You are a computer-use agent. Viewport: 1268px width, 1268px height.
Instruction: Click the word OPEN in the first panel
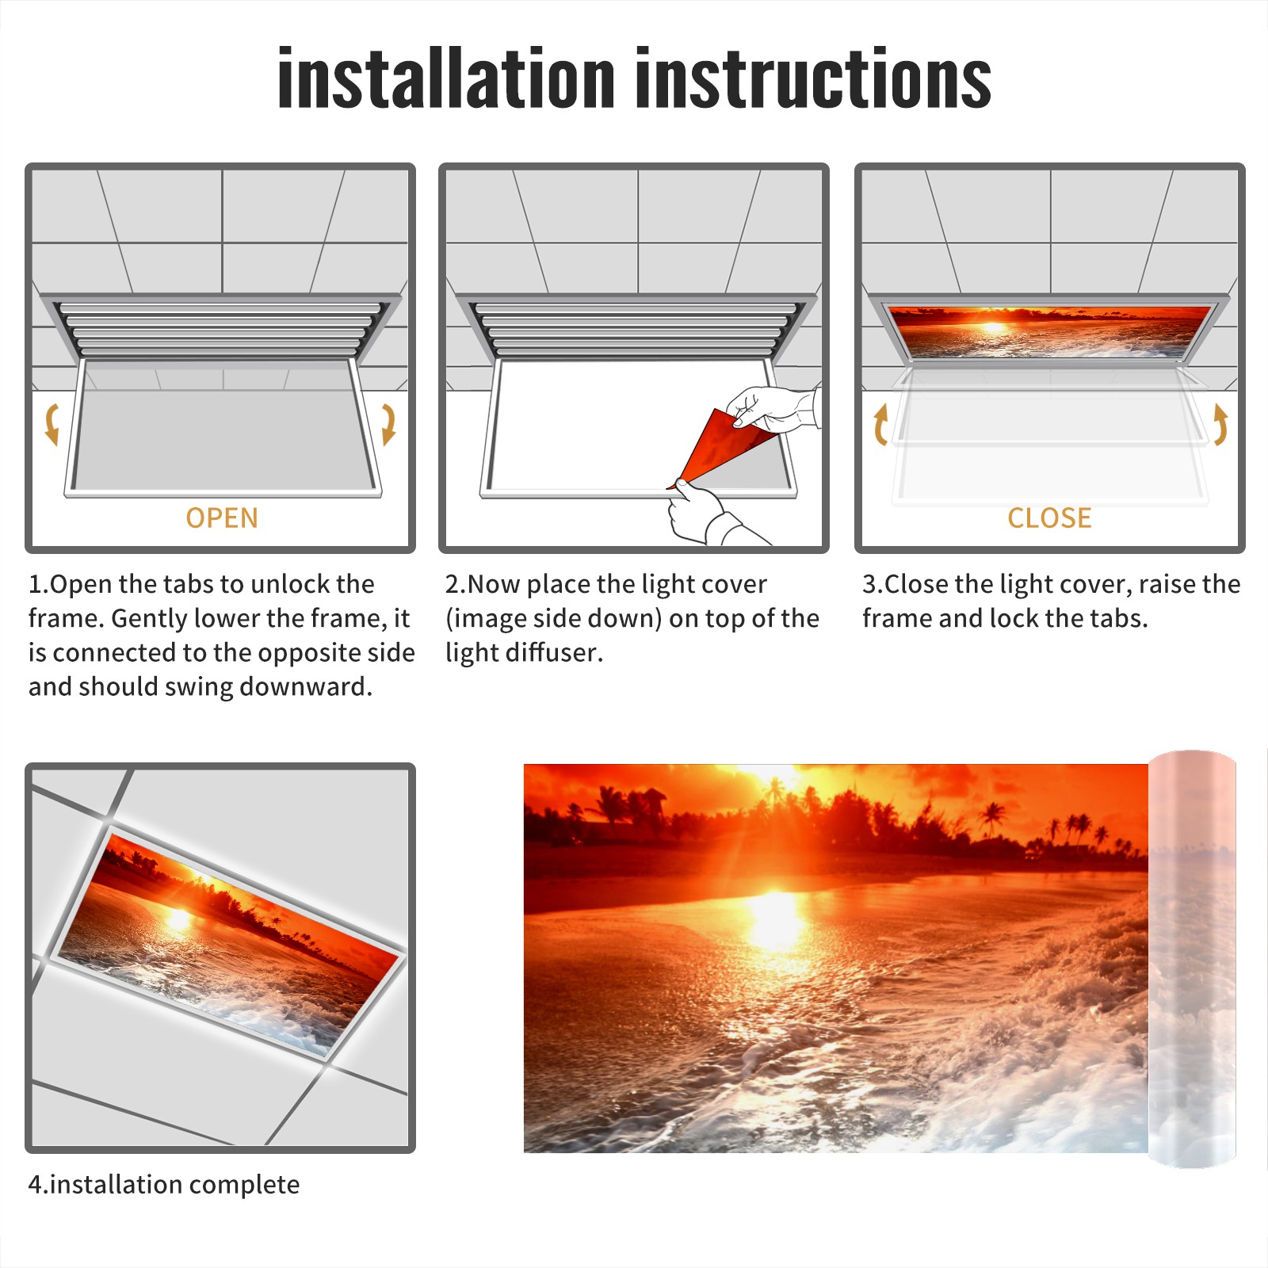222,518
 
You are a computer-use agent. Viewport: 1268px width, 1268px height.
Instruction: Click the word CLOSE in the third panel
1049,518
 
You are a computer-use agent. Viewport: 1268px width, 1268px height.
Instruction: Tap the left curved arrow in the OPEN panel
52,424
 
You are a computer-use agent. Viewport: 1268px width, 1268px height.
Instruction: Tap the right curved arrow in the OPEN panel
388,424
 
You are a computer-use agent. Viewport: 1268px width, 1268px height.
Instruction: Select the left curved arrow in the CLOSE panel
880,424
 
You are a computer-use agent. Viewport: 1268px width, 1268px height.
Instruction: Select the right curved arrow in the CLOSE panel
1221,424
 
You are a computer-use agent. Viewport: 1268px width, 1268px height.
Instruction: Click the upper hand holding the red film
773,409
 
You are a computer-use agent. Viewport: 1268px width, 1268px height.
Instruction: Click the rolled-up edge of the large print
1192,959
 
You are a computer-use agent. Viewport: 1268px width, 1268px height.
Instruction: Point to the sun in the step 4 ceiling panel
179,919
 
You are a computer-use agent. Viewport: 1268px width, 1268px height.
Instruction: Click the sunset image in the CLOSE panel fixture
1049,331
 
